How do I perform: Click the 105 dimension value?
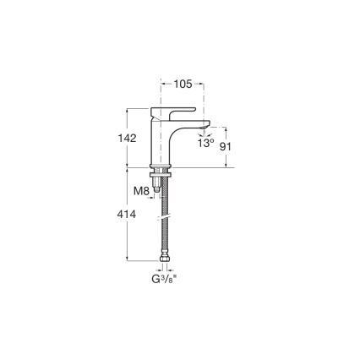tap(183, 84)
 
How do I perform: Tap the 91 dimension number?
tap(226, 145)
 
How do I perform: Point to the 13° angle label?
tap(205, 144)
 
